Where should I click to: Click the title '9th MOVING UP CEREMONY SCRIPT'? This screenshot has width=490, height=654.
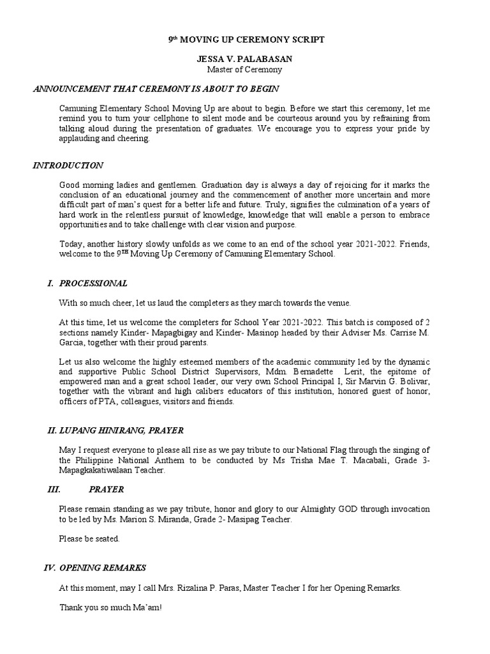tap(246, 40)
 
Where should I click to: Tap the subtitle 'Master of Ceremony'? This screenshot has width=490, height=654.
tap(246, 70)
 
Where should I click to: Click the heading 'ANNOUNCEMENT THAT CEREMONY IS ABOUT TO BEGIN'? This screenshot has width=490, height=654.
tap(156, 89)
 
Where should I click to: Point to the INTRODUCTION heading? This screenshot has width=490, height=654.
tap(68, 165)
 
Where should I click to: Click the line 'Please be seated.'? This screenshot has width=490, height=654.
tap(89, 538)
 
